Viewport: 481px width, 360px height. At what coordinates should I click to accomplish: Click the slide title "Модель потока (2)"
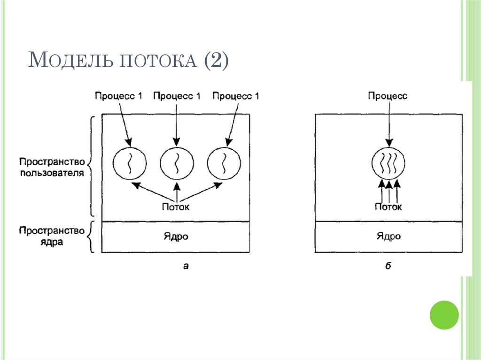128,61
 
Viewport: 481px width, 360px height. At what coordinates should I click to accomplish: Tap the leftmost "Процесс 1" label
118,96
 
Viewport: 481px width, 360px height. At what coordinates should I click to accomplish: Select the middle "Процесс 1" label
177,96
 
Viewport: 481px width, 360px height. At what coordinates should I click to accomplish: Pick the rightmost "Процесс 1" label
235,96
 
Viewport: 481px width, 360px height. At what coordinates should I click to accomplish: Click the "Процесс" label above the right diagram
388,96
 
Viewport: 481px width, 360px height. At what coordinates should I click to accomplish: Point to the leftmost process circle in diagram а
129,163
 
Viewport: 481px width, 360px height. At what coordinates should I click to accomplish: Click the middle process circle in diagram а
177,163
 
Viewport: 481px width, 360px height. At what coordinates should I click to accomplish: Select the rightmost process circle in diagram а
224,163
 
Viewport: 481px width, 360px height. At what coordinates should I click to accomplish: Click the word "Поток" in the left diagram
177,207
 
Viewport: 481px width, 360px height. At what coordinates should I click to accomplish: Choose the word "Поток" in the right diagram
388,207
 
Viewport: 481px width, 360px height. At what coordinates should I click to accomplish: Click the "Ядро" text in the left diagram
177,237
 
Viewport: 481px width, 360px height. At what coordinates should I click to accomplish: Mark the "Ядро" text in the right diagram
388,237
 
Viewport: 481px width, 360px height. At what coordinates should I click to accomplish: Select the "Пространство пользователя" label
52,167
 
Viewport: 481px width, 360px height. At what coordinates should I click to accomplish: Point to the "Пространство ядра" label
52,237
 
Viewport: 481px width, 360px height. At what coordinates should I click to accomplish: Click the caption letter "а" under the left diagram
186,267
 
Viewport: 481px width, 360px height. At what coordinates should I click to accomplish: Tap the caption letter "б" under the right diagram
388,267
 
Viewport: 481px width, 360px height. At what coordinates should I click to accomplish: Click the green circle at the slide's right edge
444,314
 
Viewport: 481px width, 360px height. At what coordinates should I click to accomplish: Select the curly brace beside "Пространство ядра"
92,237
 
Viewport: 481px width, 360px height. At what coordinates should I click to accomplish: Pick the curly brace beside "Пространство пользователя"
92,167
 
